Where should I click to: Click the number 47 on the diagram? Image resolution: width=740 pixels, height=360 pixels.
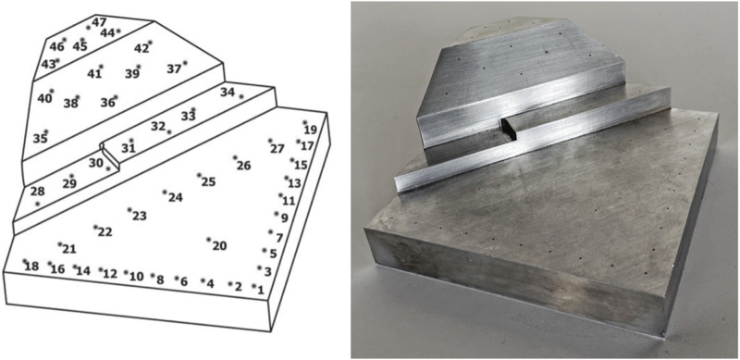(x=99, y=22)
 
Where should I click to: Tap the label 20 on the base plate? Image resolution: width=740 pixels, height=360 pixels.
(x=219, y=245)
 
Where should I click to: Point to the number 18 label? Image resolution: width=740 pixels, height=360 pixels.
(x=31, y=267)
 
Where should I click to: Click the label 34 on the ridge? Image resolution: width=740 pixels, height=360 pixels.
(x=228, y=93)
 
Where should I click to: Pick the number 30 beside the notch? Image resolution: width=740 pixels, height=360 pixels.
(x=96, y=163)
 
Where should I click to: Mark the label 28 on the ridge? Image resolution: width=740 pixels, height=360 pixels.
(x=37, y=192)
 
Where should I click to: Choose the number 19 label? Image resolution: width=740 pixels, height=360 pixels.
(x=311, y=130)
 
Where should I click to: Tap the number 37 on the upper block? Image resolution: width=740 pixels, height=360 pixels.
(x=174, y=69)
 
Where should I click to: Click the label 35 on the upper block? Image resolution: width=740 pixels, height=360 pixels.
(x=40, y=139)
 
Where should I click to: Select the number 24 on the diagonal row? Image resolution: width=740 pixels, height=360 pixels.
(x=176, y=197)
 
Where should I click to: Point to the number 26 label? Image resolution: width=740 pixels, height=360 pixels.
(x=243, y=166)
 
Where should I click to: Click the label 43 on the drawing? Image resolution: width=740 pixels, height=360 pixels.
(x=48, y=64)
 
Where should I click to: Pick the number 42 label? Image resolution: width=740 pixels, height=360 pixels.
(x=142, y=49)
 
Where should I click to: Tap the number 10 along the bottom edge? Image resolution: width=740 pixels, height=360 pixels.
(x=136, y=277)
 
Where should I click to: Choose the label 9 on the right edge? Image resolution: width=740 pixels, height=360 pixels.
(x=284, y=218)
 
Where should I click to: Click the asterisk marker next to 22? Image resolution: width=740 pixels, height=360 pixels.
(x=95, y=228)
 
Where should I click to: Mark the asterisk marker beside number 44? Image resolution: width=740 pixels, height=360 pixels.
(x=118, y=31)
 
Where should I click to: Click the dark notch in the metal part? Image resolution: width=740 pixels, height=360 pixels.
(x=509, y=130)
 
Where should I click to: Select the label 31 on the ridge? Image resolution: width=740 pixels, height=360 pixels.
(x=128, y=148)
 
